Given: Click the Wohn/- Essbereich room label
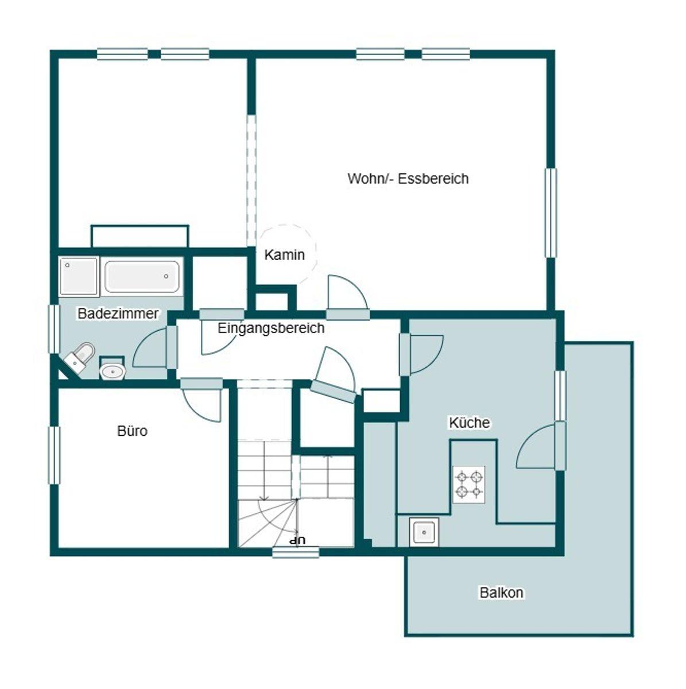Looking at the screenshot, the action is pyautogui.click(x=408, y=179).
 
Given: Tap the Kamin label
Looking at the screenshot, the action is pyautogui.click(x=284, y=255).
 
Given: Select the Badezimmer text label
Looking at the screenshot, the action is pyautogui.click(x=118, y=313).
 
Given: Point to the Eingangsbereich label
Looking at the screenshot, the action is pyautogui.click(x=271, y=328).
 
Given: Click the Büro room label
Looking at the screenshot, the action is pyautogui.click(x=132, y=431).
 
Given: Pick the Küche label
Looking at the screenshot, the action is pyautogui.click(x=470, y=422).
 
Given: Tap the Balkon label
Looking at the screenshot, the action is pyautogui.click(x=502, y=593).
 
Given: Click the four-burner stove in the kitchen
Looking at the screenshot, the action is pyautogui.click(x=468, y=485).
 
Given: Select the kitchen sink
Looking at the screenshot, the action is pyautogui.click(x=424, y=532).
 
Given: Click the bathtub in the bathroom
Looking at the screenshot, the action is pyautogui.click(x=142, y=276).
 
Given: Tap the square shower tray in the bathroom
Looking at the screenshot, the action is pyautogui.click(x=79, y=276).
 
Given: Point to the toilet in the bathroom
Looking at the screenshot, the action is pyautogui.click(x=79, y=358).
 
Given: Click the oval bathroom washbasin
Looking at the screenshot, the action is pyautogui.click(x=113, y=371).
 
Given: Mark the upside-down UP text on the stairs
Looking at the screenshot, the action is pyautogui.click(x=297, y=540).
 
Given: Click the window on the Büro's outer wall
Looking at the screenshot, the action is pyautogui.click(x=54, y=455).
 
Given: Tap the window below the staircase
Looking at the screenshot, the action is pyautogui.click(x=296, y=552).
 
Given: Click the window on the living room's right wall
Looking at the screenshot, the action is pyautogui.click(x=551, y=213).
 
